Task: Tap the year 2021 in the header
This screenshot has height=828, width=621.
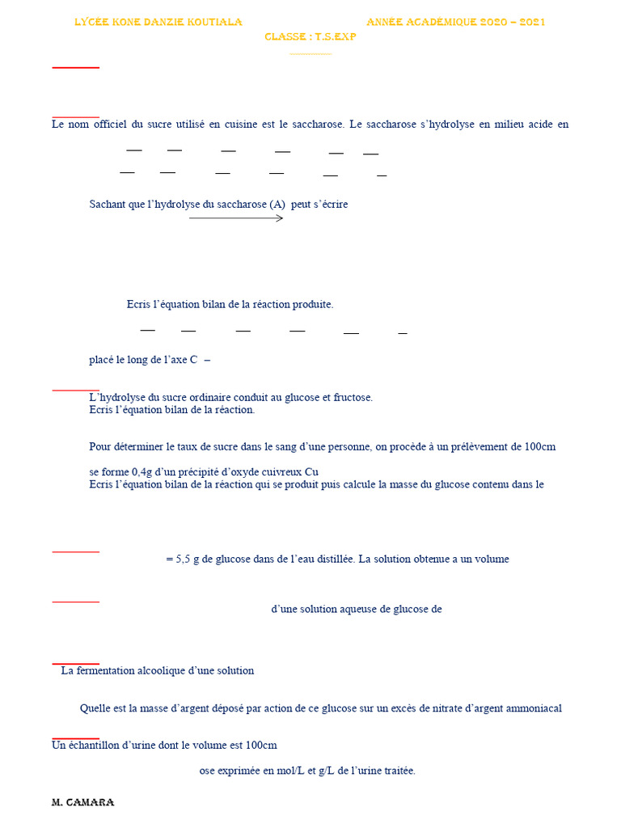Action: pos(532,22)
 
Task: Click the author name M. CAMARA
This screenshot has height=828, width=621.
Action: pos(82,802)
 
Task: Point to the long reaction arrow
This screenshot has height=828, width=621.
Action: pos(236,218)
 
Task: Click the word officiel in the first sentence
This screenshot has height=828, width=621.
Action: pos(110,125)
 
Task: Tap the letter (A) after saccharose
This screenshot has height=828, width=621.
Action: pos(277,205)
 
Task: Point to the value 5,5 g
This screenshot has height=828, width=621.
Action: pos(190,559)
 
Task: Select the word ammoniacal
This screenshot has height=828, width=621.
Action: pos(534,708)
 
